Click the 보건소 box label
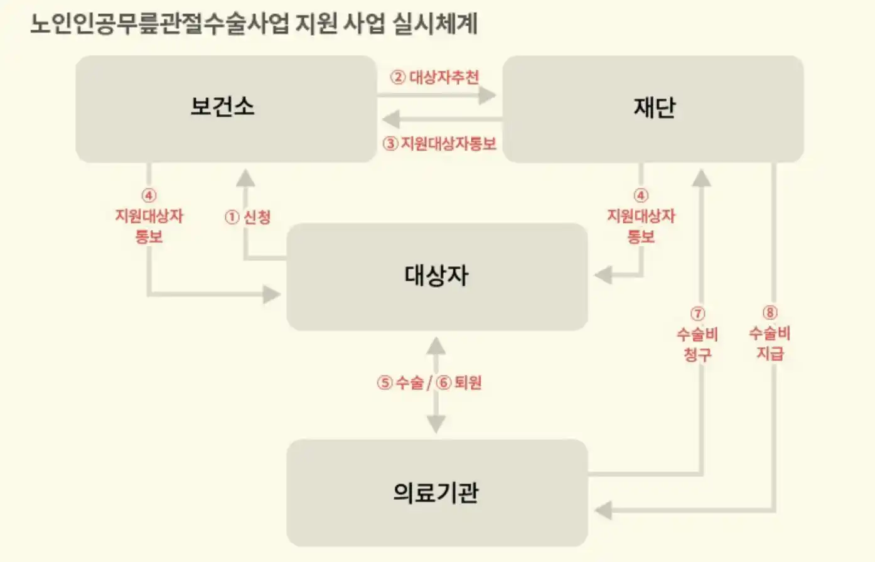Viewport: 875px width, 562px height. tap(223, 106)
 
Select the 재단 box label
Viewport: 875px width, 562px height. tap(654, 107)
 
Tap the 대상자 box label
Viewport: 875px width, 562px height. tap(436, 276)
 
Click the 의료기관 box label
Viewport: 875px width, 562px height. tap(436, 492)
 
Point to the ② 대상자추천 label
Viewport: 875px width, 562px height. tap(434, 77)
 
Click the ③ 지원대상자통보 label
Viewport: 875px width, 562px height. tap(439, 144)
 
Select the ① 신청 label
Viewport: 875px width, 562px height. tap(248, 217)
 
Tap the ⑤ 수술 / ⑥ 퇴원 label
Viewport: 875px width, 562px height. tap(429, 382)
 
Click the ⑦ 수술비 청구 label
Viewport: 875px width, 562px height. tap(697, 334)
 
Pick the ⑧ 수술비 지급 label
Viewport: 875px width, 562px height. tap(770, 333)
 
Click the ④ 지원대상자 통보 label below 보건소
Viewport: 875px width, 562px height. tap(149, 217)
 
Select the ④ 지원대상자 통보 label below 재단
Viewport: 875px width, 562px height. tap(641, 217)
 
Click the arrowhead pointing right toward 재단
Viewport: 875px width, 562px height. tap(487, 95)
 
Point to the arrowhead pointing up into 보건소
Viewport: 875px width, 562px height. tap(245, 178)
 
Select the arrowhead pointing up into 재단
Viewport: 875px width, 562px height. tap(701, 178)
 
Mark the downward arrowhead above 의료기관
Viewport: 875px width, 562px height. tap(436, 424)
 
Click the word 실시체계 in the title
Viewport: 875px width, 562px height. tap(434, 24)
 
